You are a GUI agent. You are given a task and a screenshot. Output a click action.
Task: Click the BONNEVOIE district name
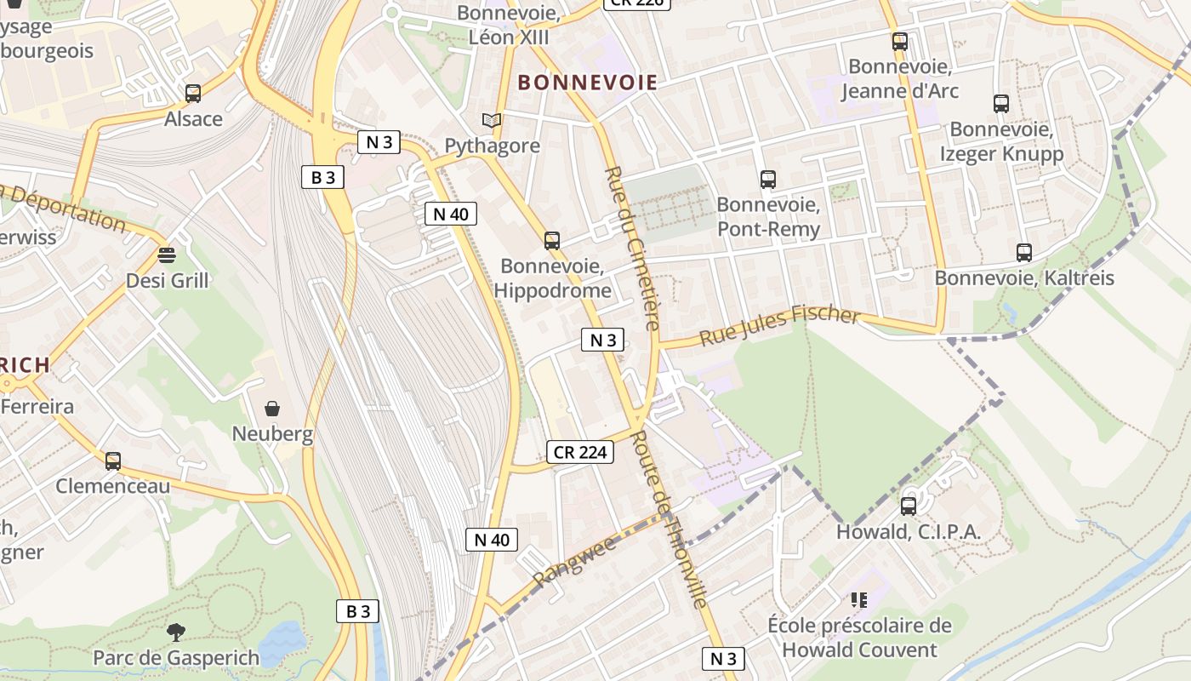pyautogui.click(x=587, y=83)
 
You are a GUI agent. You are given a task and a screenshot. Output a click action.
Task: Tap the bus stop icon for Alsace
pyautogui.click(x=193, y=94)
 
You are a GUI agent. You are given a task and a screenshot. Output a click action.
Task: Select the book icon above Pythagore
pyautogui.click(x=492, y=121)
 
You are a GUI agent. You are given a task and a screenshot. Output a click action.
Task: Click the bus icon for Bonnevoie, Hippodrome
pyautogui.click(x=552, y=241)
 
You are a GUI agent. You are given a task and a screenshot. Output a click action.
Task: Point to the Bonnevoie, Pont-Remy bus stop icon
pyautogui.click(x=768, y=180)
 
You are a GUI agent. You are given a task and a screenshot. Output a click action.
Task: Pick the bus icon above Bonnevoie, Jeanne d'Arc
pyautogui.click(x=900, y=41)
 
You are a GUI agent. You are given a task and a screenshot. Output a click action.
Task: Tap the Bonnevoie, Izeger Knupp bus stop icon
pyautogui.click(x=1001, y=104)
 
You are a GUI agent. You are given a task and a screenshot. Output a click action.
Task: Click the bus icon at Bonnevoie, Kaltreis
pyautogui.click(x=1024, y=253)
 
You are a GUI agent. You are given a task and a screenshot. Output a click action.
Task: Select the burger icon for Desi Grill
pyautogui.click(x=166, y=255)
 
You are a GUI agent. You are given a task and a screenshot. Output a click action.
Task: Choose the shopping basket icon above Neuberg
pyautogui.click(x=272, y=409)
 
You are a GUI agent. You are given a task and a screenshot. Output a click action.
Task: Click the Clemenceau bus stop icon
pyautogui.click(x=113, y=461)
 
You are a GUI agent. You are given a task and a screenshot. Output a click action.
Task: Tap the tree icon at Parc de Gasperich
pyautogui.click(x=176, y=632)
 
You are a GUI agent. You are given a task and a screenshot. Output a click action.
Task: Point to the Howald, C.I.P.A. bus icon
pyautogui.click(x=909, y=506)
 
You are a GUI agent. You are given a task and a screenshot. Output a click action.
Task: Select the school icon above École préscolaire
pyautogui.click(x=859, y=600)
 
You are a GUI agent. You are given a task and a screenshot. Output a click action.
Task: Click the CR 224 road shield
pyautogui.click(x=579, y=452)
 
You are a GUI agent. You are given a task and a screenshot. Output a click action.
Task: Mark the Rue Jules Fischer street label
pyautogui.click(x=779, y=324)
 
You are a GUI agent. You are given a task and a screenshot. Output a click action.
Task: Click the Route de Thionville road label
pyautogui.click(x=671, y=519)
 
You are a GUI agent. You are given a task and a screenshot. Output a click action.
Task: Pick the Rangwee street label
pyautogui.click(x=574, y=561)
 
